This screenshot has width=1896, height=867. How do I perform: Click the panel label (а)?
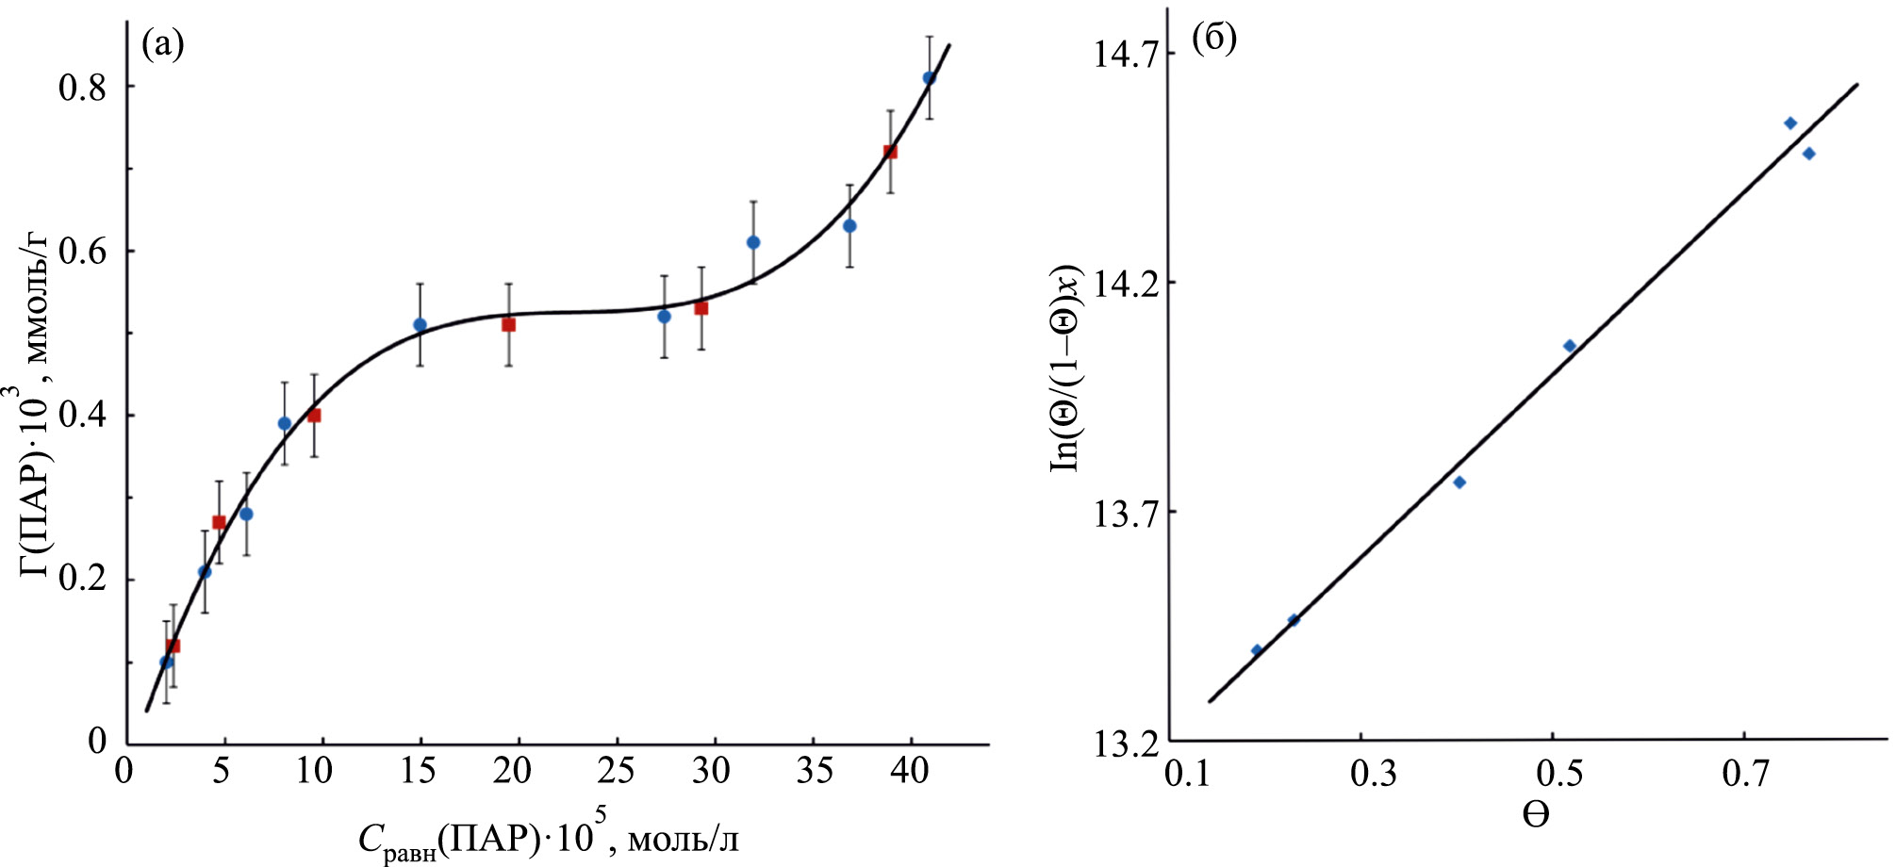pyautogui.click(x=162, y=44)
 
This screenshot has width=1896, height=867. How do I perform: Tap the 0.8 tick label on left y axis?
pyautogui.click(x=83, y=87)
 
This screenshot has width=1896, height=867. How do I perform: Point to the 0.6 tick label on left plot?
pyautogui.click(x=83, y=252)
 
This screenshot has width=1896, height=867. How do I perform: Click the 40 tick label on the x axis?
pyautogui.click(x=910, y=771)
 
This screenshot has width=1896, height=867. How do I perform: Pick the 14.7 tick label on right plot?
pyautogui.click(x=1126, y=54)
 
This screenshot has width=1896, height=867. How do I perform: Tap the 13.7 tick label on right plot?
pyautogui.click(x=1126, y=513)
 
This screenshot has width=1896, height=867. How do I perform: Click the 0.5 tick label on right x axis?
pyautogui.click(x=1552, y=774)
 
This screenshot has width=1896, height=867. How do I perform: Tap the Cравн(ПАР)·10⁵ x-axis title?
pyautogui.click(x=548, y=837)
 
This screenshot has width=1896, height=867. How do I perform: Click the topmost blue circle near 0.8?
pyautogui.click(x=929, y=78)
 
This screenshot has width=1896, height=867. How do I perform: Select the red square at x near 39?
pyautogui.click(x=890, y=152)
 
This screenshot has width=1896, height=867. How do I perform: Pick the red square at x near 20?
pyautogui.click(x=508, y=325)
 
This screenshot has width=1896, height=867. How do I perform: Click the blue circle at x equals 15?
pyautogui.click(x=420, y=325)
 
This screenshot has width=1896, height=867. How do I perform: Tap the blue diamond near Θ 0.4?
pyautogui.click(x=1459, y=483)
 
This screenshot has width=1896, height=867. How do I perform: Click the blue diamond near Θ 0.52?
pyautogui.click(x=1570, y=346)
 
